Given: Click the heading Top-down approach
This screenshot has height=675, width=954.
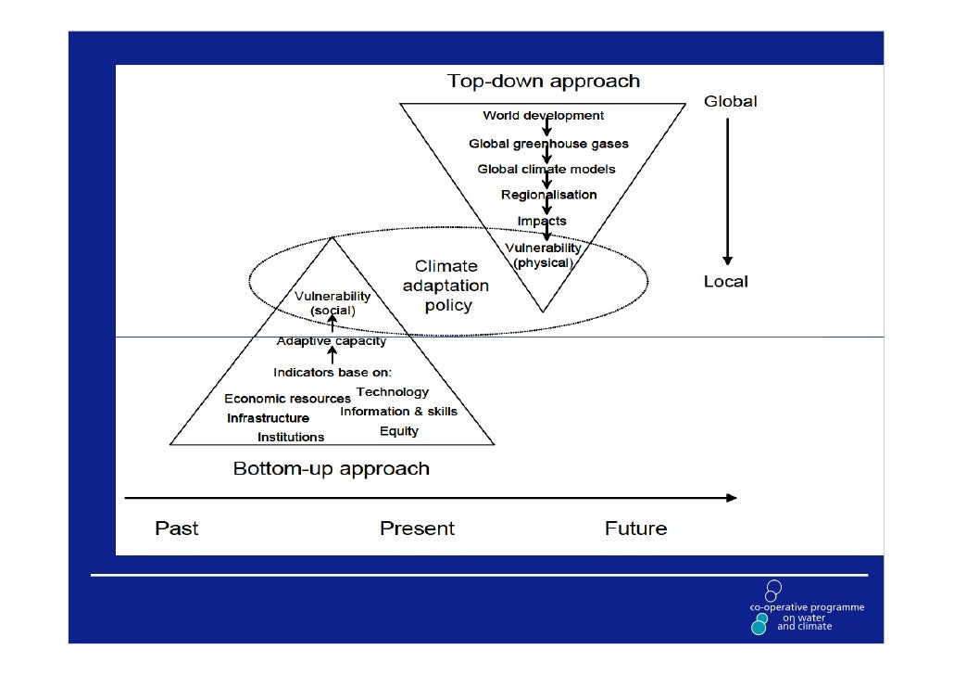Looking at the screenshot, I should (x=544, y=82).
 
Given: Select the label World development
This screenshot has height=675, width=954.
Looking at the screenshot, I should (x=544, y=116).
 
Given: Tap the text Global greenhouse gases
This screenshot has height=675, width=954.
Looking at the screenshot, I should (x=548, y=144).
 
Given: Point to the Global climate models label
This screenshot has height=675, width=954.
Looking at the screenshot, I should (x=546, y=170).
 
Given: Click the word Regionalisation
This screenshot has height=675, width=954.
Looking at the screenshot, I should (x=548, y=195).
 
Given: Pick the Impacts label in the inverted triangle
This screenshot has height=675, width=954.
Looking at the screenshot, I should (x=542, y=221).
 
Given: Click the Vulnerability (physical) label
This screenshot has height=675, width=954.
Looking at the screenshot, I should (x=544, y=255).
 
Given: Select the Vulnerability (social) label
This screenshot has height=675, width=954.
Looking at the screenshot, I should (x=333, y=303).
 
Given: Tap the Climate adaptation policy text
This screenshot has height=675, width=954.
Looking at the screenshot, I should (x=446, y=286).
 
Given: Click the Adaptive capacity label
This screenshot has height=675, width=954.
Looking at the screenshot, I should (x=332, y=341).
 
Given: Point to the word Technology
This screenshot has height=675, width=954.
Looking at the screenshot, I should (x=393, y=392).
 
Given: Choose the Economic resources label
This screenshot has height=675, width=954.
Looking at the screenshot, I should (x=287, y=399).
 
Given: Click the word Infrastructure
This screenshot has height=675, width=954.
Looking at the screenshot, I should (x=268, y=418).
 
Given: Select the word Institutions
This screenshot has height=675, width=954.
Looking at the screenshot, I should (x=291, y=437).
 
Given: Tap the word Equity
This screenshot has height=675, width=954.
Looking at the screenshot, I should (x=399, y=431).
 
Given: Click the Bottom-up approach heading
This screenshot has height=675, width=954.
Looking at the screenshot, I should (x=332, y=468).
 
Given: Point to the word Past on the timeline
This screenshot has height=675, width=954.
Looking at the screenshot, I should (x=177, y=529).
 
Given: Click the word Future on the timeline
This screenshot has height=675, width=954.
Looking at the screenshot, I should (x=635, y=529).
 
